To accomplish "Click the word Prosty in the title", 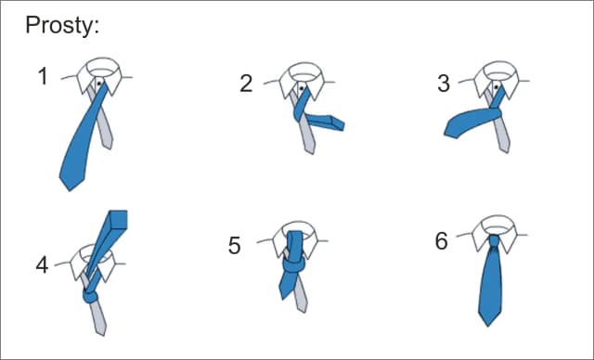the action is (59, 26).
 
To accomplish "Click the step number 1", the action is (44, 76).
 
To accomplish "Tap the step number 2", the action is (246, 84).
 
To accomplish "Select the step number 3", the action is (444, 84).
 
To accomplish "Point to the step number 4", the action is (42, 265).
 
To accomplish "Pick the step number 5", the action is (234, 245).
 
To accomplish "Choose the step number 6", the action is (442, 241).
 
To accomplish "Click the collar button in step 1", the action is (99, 83).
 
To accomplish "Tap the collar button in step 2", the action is (302, 88).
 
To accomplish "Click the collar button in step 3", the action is (496, 87).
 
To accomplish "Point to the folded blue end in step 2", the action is (337, 123).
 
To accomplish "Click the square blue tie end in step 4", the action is (118, 220).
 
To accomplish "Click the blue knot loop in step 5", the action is (294, 264).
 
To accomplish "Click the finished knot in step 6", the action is (494, 241).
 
